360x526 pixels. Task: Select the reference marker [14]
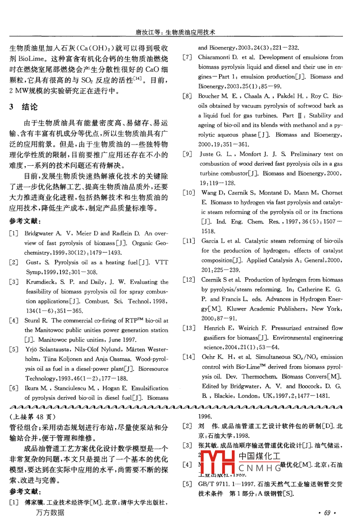point(189,357)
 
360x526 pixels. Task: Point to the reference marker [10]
point(189,193)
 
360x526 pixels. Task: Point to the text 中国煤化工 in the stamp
point(259,456)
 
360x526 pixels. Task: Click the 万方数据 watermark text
point(50,512)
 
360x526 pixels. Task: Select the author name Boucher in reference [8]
point(209,96)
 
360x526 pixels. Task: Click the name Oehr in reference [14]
point(208,357)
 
